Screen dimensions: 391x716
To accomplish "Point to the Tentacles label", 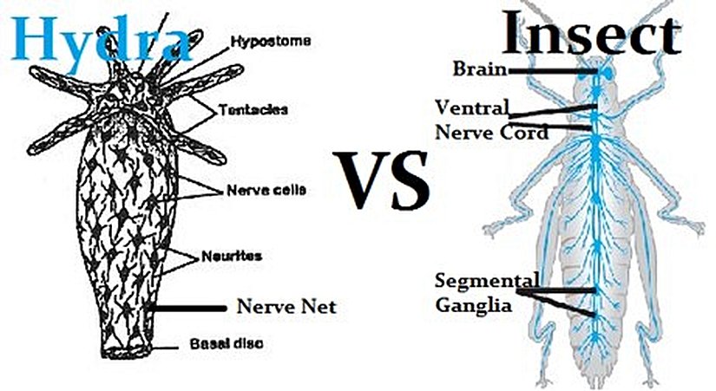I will click(253, 110).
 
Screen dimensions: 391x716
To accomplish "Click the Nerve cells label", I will click(258, 189).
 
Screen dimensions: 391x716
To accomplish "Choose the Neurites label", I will click(244, 256).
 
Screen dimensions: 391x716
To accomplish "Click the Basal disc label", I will click(227, 343).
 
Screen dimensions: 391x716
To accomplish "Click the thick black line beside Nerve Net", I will click(187, 307).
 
